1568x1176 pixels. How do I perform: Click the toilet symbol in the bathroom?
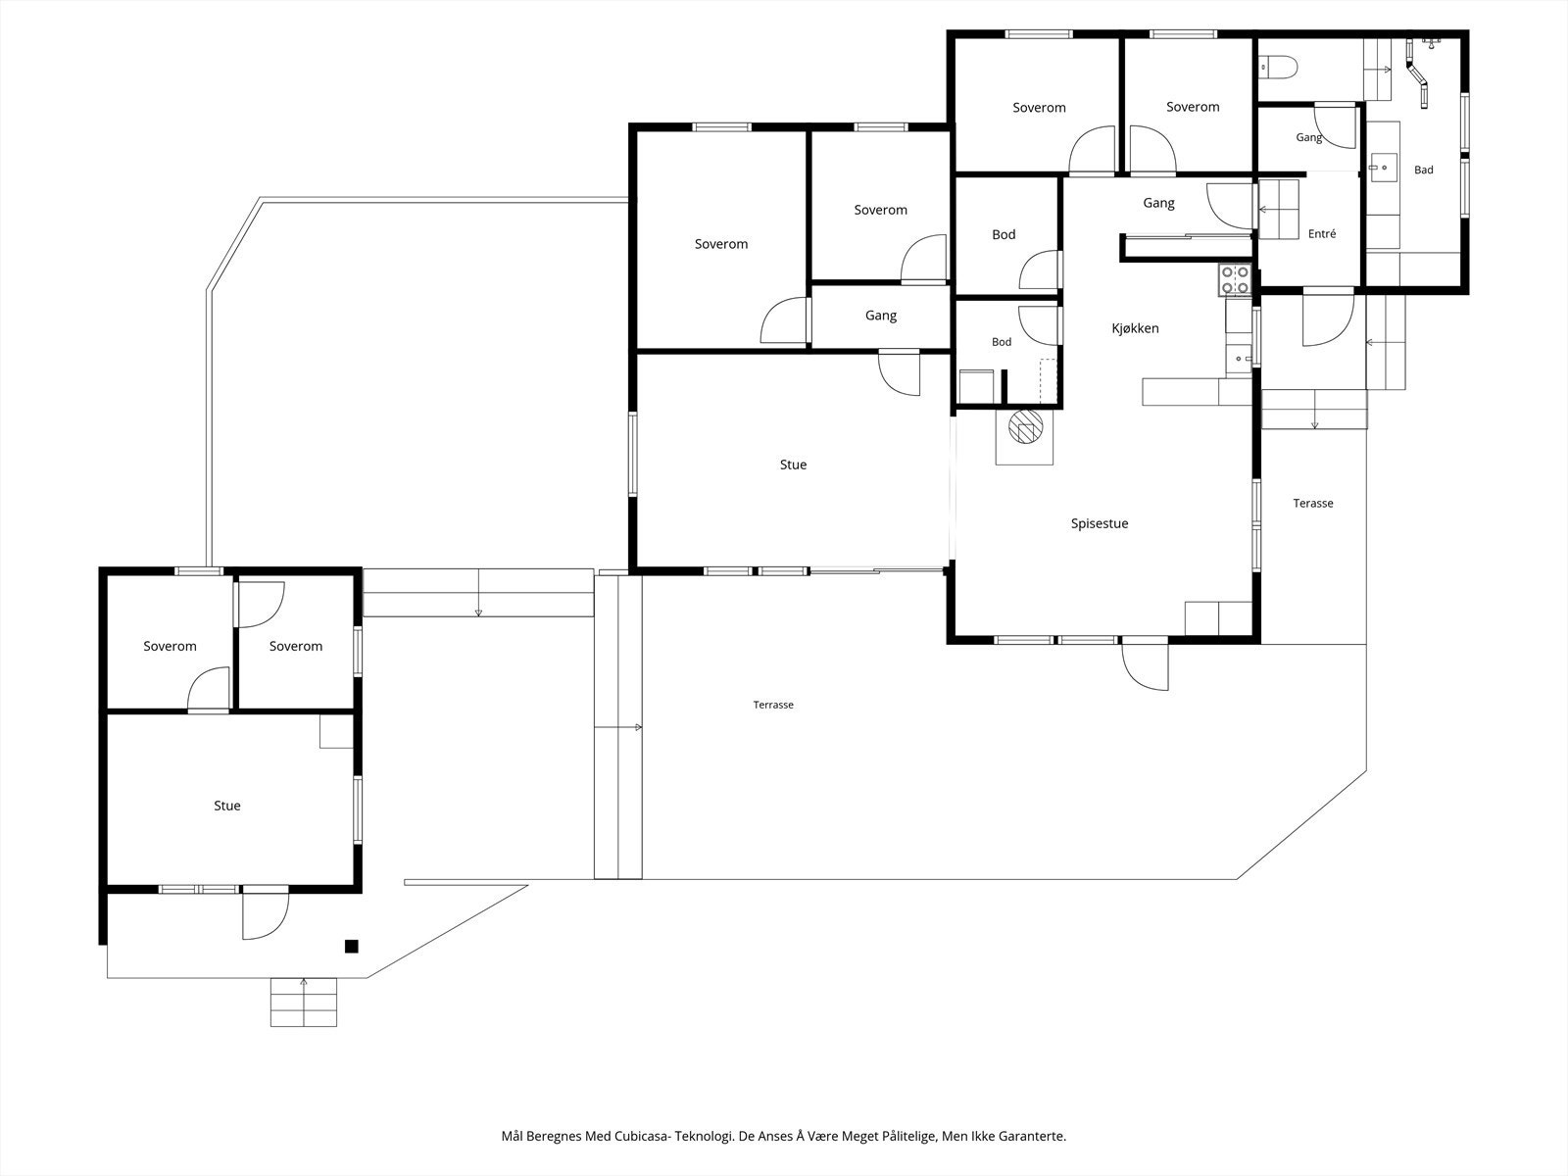tap(1278, 69)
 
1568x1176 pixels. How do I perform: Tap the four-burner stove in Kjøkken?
tap(1235, 280)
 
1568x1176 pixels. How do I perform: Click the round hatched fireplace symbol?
tap(1025, 427)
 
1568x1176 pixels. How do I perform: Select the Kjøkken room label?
tap(1135, 328)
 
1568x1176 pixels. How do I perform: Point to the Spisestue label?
tap(1100, 523)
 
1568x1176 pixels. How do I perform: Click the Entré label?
tap(1322, 233)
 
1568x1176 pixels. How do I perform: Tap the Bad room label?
tap(1424, 170)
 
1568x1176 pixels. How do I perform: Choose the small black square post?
tap(352, 946)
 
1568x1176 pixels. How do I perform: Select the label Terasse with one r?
tap(1313, 504)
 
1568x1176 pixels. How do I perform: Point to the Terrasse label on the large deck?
tap(773, 705)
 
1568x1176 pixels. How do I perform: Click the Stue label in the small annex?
tap(227, 806)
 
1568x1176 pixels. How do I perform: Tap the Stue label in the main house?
tap(793, 465)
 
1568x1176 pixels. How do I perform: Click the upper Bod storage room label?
tap(1004, 234)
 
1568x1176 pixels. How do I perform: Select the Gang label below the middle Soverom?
tap(881, 315)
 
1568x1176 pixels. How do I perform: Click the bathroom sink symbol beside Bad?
tap(1384, 167)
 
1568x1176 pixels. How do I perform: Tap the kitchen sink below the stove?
tap(1240, 356)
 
